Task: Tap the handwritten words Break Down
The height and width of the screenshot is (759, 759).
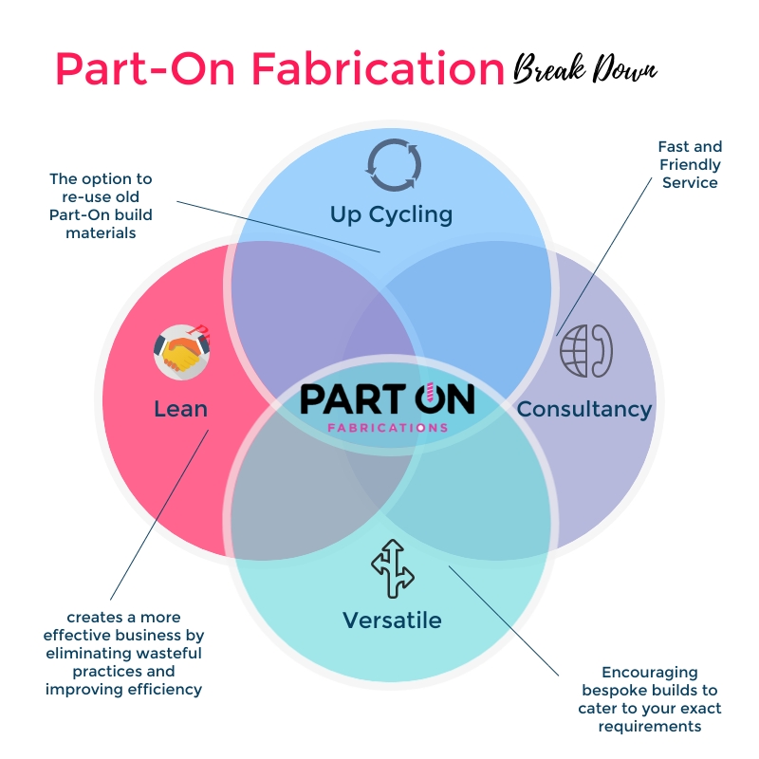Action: point(584,69)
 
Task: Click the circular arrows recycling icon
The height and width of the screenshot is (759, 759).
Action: point(391,164)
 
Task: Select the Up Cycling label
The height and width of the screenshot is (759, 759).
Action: point(391,213)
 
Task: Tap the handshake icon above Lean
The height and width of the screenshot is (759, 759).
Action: point(180,352)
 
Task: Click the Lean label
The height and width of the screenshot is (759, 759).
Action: point(180,408)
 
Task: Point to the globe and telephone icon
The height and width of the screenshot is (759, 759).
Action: point(585,351)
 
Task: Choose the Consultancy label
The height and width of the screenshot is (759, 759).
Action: point(583,409)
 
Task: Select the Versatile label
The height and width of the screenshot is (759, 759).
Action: point(392,620)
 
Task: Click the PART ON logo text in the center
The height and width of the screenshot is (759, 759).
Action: point(387,399)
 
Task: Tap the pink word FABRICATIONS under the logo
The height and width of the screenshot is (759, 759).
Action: point(387,428)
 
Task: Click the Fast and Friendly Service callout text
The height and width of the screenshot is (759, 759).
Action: point(690,164)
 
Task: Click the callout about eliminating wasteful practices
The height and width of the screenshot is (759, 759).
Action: point(123,654)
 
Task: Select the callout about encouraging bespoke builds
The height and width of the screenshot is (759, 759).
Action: point(650,699)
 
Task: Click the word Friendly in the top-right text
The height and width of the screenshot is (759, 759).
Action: point(691,164)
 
